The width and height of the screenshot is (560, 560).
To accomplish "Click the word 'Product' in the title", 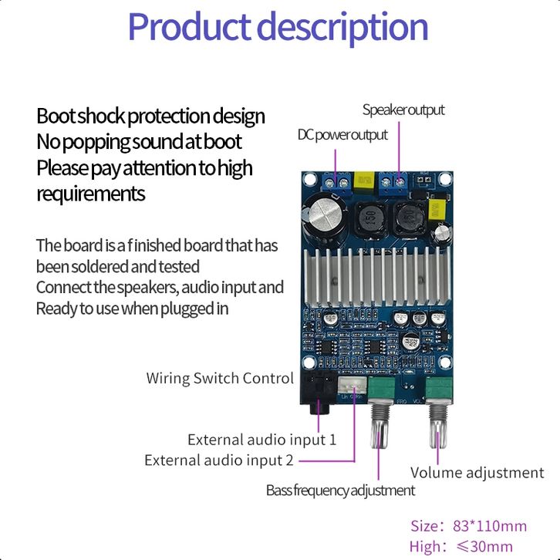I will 188,27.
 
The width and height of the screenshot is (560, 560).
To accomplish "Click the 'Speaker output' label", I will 403,110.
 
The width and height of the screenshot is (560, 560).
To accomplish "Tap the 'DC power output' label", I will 342,135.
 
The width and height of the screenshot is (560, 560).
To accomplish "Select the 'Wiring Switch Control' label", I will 220,378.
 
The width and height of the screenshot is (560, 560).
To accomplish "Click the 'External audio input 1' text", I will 262,440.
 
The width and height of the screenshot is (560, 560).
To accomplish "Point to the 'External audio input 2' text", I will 219,460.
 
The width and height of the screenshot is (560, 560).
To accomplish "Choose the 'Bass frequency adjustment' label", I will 340,491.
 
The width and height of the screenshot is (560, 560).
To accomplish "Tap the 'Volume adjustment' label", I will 477,473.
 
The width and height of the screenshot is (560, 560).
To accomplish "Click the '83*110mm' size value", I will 490,526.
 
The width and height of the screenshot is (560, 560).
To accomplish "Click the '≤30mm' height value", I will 484,546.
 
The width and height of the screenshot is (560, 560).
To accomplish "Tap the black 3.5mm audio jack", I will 316,393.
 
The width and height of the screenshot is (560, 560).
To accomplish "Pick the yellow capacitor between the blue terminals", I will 363,180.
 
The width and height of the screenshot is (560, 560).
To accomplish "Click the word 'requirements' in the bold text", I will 90,193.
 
